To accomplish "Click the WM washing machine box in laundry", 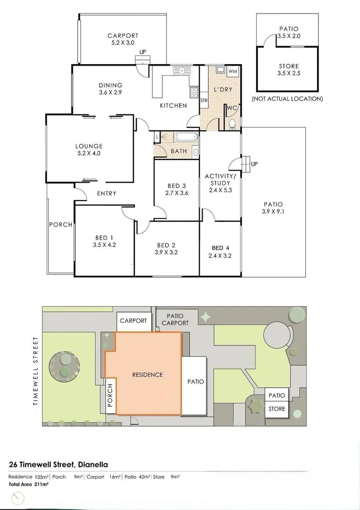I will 232,72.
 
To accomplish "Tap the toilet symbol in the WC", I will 232,123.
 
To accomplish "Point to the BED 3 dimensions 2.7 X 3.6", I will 176,193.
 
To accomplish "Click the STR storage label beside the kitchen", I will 204,100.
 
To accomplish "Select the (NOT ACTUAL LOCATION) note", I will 287,99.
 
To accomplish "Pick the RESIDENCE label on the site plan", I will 147,375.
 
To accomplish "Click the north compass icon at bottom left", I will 18,498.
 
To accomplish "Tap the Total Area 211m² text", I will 29,484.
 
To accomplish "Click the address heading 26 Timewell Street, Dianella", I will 58,464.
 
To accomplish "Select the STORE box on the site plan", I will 276,409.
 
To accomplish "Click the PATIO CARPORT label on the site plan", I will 175,319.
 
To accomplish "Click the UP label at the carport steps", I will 143,52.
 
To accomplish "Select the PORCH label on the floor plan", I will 61,225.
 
